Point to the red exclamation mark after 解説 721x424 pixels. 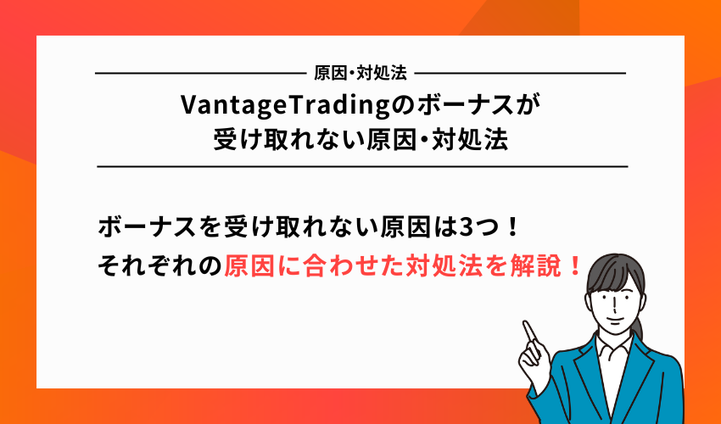coord(575,267)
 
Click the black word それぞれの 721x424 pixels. coord(160,267)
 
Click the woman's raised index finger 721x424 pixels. coord(529,329)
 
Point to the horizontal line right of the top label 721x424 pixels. coord(522,74)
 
